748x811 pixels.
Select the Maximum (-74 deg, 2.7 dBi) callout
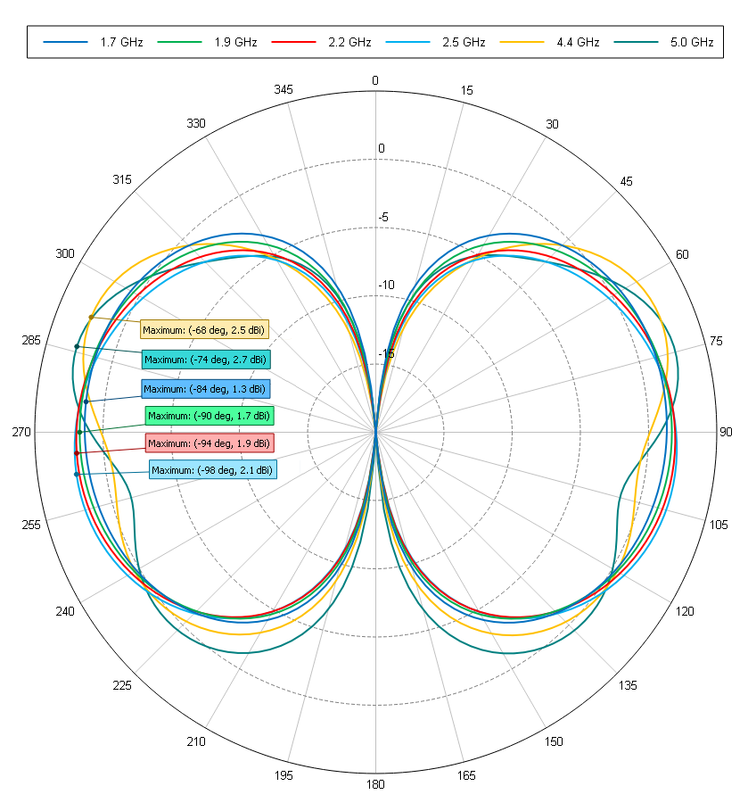click(x=205, y=360)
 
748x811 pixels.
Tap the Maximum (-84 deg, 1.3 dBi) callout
click(x=205, y=389)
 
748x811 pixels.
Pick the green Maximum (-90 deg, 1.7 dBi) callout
click(x=210, y=416)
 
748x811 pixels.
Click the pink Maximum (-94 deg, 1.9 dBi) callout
click(x=209, y=443)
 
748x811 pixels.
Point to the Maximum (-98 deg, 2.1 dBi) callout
click(x=212, y=470)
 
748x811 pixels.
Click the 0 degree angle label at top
click(x=375, y=81)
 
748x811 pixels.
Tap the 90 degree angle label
click(x=725, y=433)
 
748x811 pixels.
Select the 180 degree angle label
click(x=375, y=785)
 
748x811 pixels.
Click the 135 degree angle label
click(x=629, y=685)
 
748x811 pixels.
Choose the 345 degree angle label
click(x=284, y=90)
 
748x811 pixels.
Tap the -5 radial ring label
click(x=383, y=218)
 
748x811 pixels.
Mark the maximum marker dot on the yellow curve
click(x=91, y=318)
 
